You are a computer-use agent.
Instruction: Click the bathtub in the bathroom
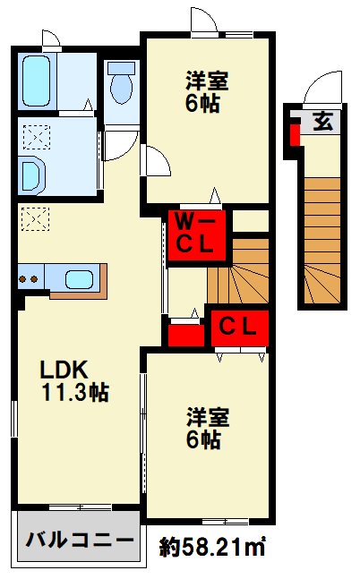37,81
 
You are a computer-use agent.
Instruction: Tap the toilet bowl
121,83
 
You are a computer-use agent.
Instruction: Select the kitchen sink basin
79,279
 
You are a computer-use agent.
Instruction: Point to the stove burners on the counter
29,279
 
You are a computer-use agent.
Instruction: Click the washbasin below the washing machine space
32,175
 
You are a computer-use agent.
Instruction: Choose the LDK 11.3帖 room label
74,380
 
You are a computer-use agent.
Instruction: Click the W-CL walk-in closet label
195,234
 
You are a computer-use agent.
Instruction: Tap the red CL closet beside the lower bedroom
239,328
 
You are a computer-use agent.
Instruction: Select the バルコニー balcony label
80,541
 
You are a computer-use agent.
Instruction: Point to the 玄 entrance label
323,120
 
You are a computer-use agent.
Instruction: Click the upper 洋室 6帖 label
206,91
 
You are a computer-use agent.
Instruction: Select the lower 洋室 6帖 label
207,428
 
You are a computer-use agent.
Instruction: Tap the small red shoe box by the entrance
295,135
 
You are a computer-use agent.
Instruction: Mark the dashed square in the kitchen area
35,219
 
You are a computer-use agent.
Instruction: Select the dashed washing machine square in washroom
37,137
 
